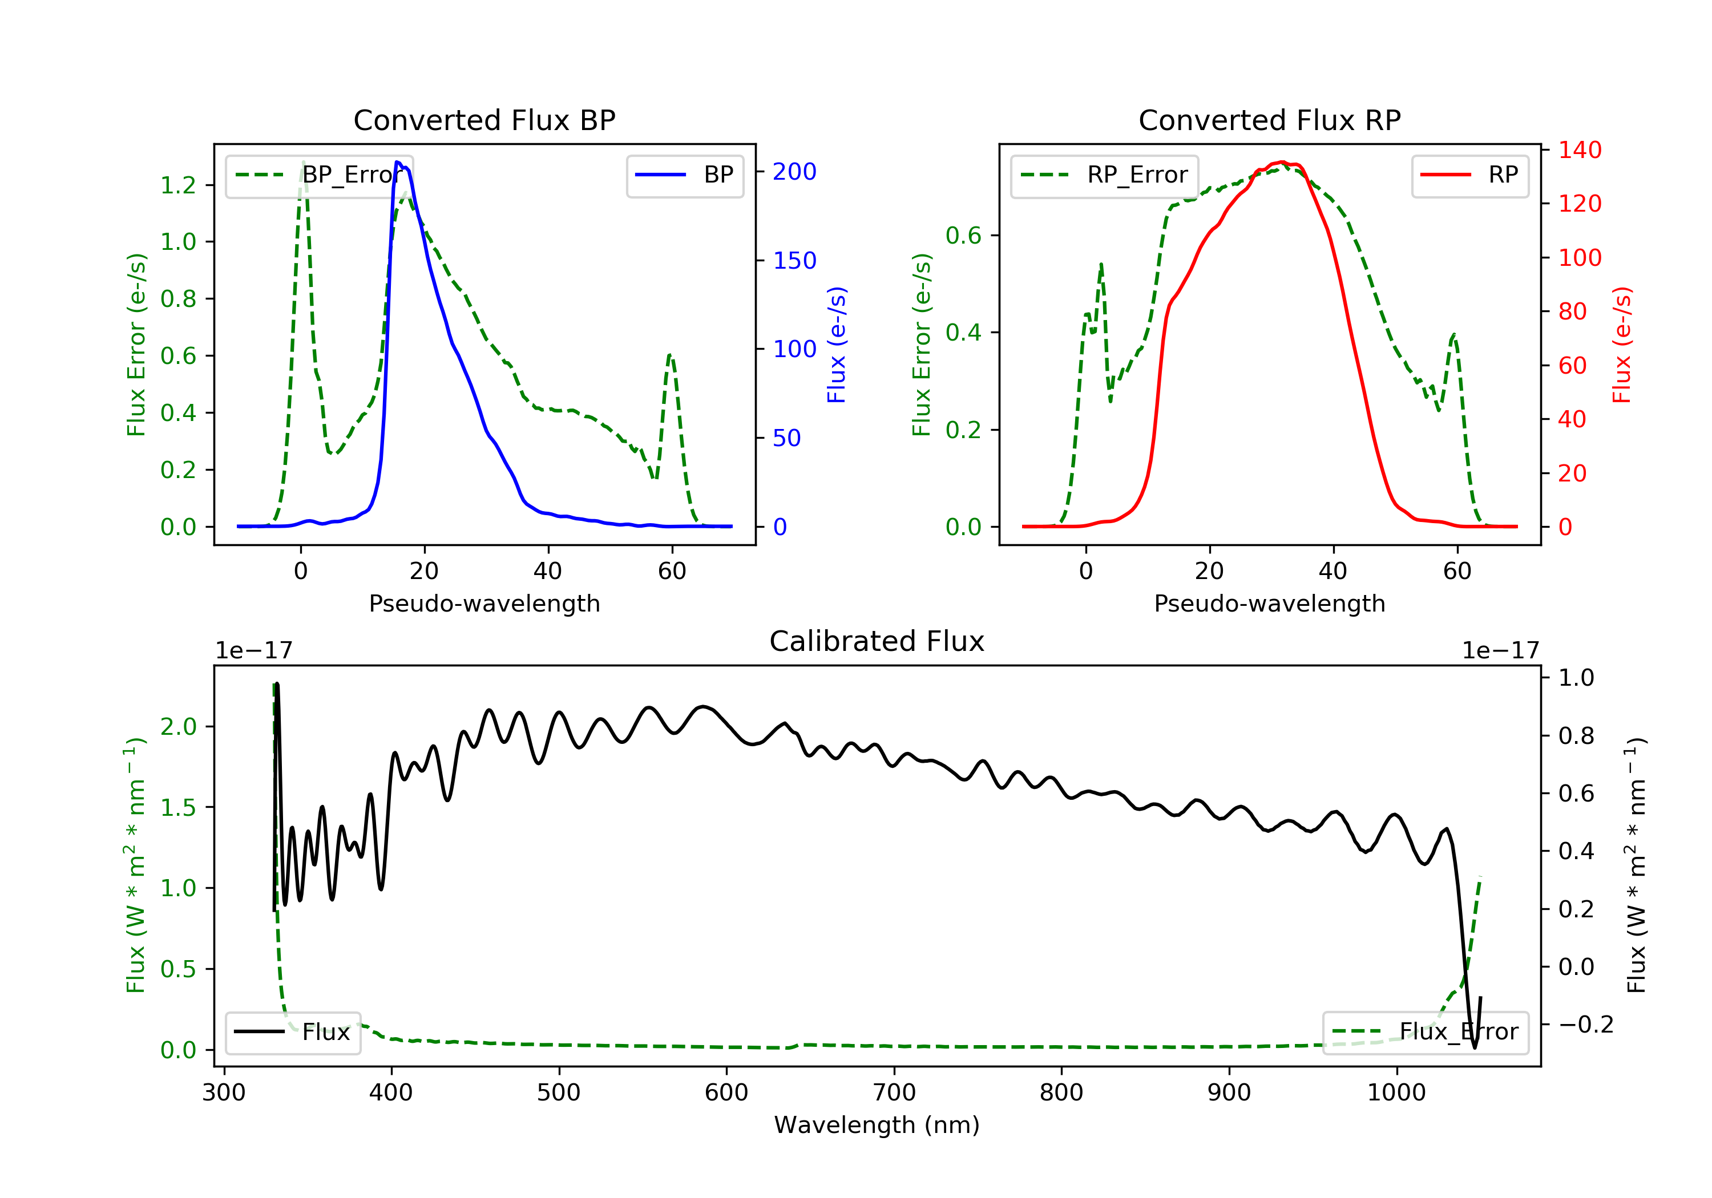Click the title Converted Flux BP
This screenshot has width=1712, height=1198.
(x=484, y=120)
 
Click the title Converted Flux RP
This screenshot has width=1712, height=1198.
(x=1270, y=120)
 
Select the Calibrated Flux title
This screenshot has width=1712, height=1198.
(x=877, y=641)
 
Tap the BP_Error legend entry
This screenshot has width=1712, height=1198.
(x=319, y=175)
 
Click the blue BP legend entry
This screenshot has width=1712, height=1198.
(x=684, y=175)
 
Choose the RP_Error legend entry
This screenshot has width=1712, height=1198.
(x=1104, y=175)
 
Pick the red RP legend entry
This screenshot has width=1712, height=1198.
(x=1469, y=175)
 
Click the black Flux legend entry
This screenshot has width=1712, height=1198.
(x=292, y=1032)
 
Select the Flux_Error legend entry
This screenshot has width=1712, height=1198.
(x=1425, y=1032)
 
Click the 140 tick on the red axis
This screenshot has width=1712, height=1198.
(x=1579, y=150)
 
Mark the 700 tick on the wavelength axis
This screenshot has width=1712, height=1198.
(x=894, y=1093)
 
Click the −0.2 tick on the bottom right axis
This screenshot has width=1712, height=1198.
(x=1585, y=1025)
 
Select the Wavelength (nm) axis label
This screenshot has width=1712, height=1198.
(x=877, y=1125)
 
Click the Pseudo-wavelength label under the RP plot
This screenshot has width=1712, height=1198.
(x=1270, y=603)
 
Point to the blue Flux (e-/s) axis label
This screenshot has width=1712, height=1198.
(x=837, y=345)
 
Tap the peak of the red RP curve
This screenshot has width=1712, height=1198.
(x=1281, y=162)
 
